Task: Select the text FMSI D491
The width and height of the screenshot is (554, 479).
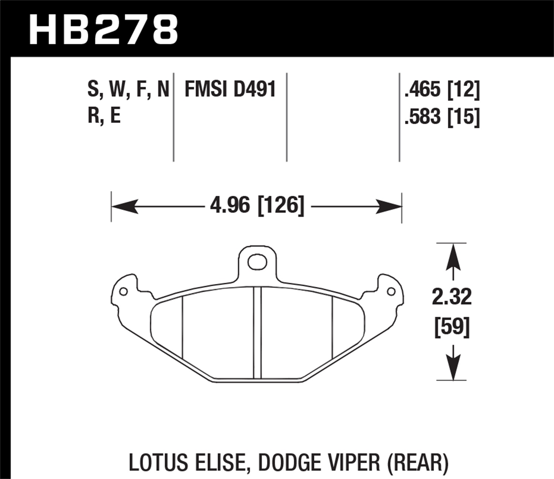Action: point(230,90)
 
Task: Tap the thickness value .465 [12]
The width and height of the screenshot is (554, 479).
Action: point(442,90)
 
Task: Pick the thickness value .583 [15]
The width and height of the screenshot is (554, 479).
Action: point(442,117)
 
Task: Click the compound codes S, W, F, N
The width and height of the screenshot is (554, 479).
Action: point(128,90)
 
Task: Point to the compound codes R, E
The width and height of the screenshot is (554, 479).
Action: point(104,116)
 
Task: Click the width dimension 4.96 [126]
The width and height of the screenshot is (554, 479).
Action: point(257,205)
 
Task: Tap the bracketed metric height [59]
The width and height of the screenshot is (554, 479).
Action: point(452,326)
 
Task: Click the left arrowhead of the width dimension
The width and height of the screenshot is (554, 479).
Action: point(124,206)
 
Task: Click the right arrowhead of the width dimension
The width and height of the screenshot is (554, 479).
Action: point(389,206)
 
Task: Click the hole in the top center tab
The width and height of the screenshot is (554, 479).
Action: point(257,262)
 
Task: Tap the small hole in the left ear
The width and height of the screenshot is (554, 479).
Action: point(124,292)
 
